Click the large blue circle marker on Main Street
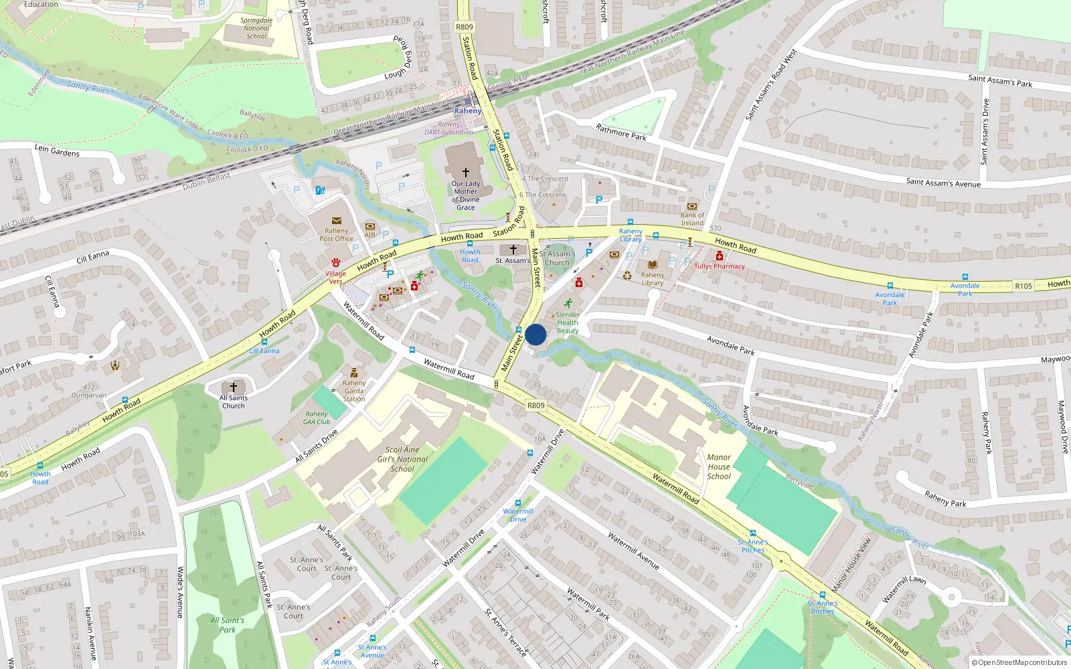pyautogui.click(x=535, y=334)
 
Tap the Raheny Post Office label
pyautogui.click(x=336, y=234)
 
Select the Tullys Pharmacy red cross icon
pyautogui.click(x=720, y=256)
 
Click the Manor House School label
pyautogui.click(x=719, y=467)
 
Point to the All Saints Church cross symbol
pyautogui.click(x=233, y=387)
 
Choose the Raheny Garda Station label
pyautogui.click(x=354, y=391)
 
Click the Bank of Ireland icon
pyautogui.click(x=692, y=206)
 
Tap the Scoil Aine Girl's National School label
pyautogui.click(x=402, y=459)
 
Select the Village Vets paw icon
pyautogui.click(x=335, y=263)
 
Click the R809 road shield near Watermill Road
pyautogui.click(x=535, y=405)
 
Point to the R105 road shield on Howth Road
pyautogui.click(x=1023, y=286)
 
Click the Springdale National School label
pyautogui.click(x=256, y=28)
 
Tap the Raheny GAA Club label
pyautogui.click(x=317, y=418)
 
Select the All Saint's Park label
pyautogui.click(x=228, y=625)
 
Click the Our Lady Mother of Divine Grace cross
pyautogui.click(x=466, y=172)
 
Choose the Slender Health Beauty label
pyautogui.click(x=568, y=322)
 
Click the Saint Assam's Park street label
pyautogui.click(x=1000, y=81)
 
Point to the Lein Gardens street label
pyautogui.click(x=57, y=151)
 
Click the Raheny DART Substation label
pyautogui.click(x=448, y=128)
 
